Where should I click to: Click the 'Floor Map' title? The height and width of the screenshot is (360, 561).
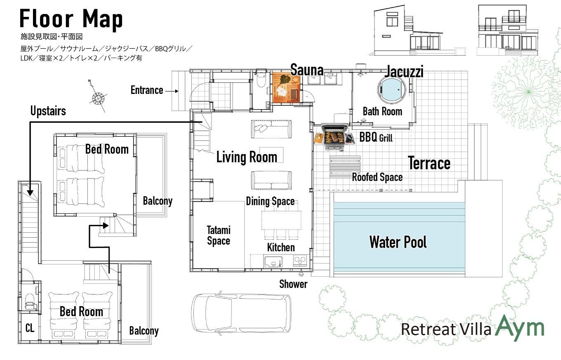click(71, 19)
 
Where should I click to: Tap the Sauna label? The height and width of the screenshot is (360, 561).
click(307, 70)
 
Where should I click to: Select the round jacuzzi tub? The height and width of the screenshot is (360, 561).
click(392, 89)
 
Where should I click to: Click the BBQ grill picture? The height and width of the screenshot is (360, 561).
click(335, 137)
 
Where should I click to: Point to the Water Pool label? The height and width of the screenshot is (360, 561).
click(398, 242)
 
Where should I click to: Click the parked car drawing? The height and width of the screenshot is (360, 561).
click(241, 313)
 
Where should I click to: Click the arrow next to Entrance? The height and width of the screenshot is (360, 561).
click(171, 91)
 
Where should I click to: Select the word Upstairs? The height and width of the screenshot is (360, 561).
click(48, 111)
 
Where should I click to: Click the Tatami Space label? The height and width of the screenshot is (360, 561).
click(218, 236)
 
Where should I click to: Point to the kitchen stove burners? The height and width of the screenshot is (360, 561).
click(300, 261)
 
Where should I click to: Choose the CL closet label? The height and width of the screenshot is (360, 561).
click(30, 328)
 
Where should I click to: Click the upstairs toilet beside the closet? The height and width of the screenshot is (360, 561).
click(30, 302)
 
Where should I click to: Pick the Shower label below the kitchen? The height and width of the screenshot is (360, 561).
click(293, 284)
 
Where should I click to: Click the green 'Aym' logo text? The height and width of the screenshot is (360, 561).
click(520, 327)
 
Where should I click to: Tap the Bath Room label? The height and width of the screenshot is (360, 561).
click(383, 111)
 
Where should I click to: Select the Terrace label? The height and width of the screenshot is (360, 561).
click(429, 163)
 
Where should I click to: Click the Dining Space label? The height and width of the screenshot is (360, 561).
click(270, 201)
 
